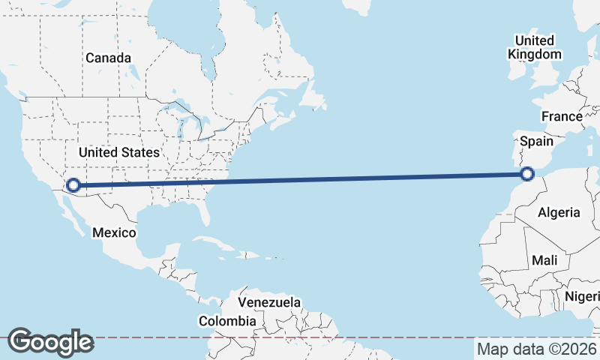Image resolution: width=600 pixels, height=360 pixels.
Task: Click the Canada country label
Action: tap(109, 58)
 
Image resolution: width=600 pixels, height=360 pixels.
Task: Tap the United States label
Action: tap(119, 152)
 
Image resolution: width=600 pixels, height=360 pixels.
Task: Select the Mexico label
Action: tap(114, 232)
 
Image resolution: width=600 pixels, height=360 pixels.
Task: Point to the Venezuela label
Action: tap(269, 302)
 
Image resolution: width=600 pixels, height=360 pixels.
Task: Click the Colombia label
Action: tap(227, 321)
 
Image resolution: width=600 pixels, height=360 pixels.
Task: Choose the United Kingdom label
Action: tap(535, 46)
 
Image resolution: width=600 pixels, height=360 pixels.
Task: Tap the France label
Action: tap(562, 116)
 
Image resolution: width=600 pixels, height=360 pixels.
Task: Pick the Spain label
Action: tap(536, 141)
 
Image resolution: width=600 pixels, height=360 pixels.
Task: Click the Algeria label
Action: tap(559, 212)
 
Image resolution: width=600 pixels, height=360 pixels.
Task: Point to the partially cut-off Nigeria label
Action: tap(583, 295)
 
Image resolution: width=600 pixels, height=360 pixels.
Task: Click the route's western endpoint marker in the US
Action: tap(73, 184)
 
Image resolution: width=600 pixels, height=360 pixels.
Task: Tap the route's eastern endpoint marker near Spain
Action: tap(527, 175)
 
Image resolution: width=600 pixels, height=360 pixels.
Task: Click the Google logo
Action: tap(51, 342)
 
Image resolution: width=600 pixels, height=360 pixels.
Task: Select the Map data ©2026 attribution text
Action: tap(536, 349)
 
